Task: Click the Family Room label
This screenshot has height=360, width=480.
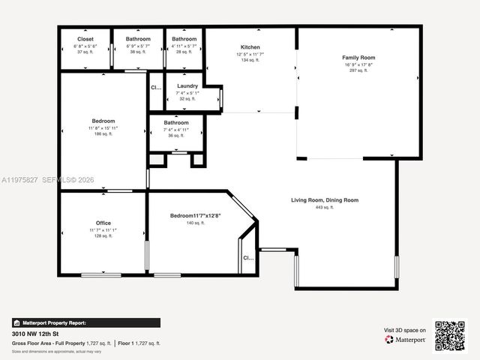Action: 358,58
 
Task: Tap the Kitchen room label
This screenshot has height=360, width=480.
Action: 250,47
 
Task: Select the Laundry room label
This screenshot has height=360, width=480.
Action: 187,86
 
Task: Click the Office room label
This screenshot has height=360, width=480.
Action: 103,223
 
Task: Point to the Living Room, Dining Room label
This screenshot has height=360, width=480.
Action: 325,200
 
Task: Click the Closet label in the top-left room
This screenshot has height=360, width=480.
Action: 85,39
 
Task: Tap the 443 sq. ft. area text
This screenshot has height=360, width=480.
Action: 325,208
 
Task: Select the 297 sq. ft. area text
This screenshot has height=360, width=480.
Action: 358,70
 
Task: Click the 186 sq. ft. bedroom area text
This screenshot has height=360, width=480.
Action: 103,134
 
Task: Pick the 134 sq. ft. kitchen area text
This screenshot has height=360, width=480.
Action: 250,60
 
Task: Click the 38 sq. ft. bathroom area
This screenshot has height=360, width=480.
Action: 138,52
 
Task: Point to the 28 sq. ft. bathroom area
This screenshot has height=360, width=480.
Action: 184,52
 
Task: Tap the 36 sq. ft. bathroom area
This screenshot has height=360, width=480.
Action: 176,136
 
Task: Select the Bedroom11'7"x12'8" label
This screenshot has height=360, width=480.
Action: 196,216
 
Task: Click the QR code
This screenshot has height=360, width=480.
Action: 450,335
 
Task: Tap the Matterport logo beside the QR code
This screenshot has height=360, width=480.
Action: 406,340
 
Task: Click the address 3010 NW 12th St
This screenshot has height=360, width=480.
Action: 37,333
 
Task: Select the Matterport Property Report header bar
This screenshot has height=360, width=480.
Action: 85,322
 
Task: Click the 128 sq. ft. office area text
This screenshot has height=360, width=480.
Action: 103,236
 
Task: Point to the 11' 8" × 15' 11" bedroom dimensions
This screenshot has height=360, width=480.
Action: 103,127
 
